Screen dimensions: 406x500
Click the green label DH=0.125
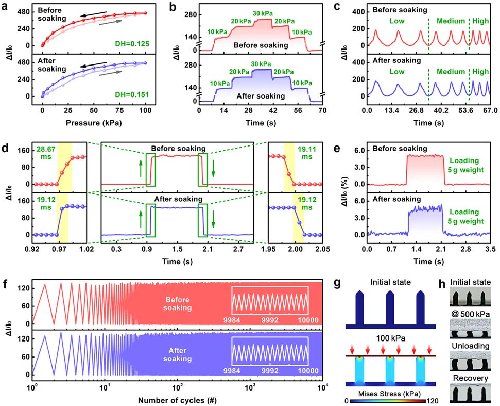coord(132,45)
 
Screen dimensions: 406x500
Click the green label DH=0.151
coord(132,95)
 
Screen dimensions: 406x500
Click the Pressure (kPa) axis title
coord(94,123)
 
